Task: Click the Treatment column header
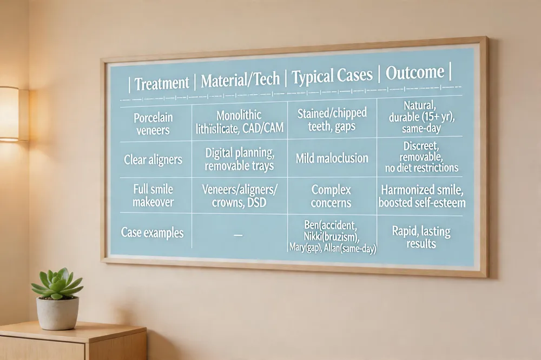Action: [x=161, y=84]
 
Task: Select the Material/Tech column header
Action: [x=240, y=80]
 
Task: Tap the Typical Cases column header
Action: [x=332, y=76]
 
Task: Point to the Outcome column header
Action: [x=415, y=72]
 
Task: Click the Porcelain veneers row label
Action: [x=153, y=124]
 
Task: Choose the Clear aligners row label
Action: [x=153, y=159]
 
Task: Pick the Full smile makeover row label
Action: [x=153, y=196]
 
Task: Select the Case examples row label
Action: [x=152, y=233]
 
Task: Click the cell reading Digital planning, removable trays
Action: [x=240, y=159]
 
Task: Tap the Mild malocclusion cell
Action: [x=332, y=158]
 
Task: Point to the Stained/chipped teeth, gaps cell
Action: [x=332, y=119]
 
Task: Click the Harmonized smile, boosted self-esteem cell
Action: [x=422, y=196]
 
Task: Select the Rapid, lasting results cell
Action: [x=421, y=237]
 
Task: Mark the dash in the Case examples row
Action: [x=238, y=235]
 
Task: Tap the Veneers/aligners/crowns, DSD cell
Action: [x=240, y=196]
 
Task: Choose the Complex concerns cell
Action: [x=331, y=196]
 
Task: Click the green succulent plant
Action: [x=57, y=284]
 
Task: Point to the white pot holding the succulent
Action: [x=58, y=313]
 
